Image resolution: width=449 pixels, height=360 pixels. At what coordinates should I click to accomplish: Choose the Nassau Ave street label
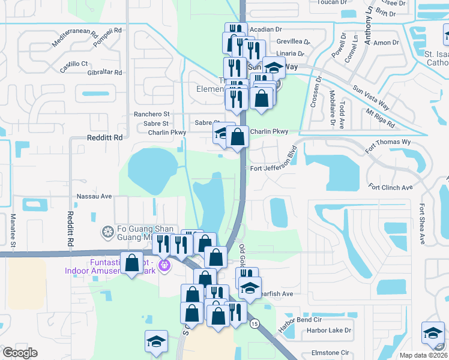click(95, 196)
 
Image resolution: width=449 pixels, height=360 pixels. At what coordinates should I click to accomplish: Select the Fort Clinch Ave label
click(391, 188)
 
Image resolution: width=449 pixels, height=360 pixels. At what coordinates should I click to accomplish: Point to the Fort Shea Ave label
click(422, 224)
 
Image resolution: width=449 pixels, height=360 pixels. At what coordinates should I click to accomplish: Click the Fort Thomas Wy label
click(390, 142)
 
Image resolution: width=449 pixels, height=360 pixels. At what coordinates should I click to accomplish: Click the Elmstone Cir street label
click(330, 353)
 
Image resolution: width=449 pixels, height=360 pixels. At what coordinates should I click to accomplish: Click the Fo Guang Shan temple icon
click(108, 232)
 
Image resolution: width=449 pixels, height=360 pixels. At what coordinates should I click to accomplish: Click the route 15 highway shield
click(255, 323)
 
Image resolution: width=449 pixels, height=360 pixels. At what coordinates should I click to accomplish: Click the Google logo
click(20, 353)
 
